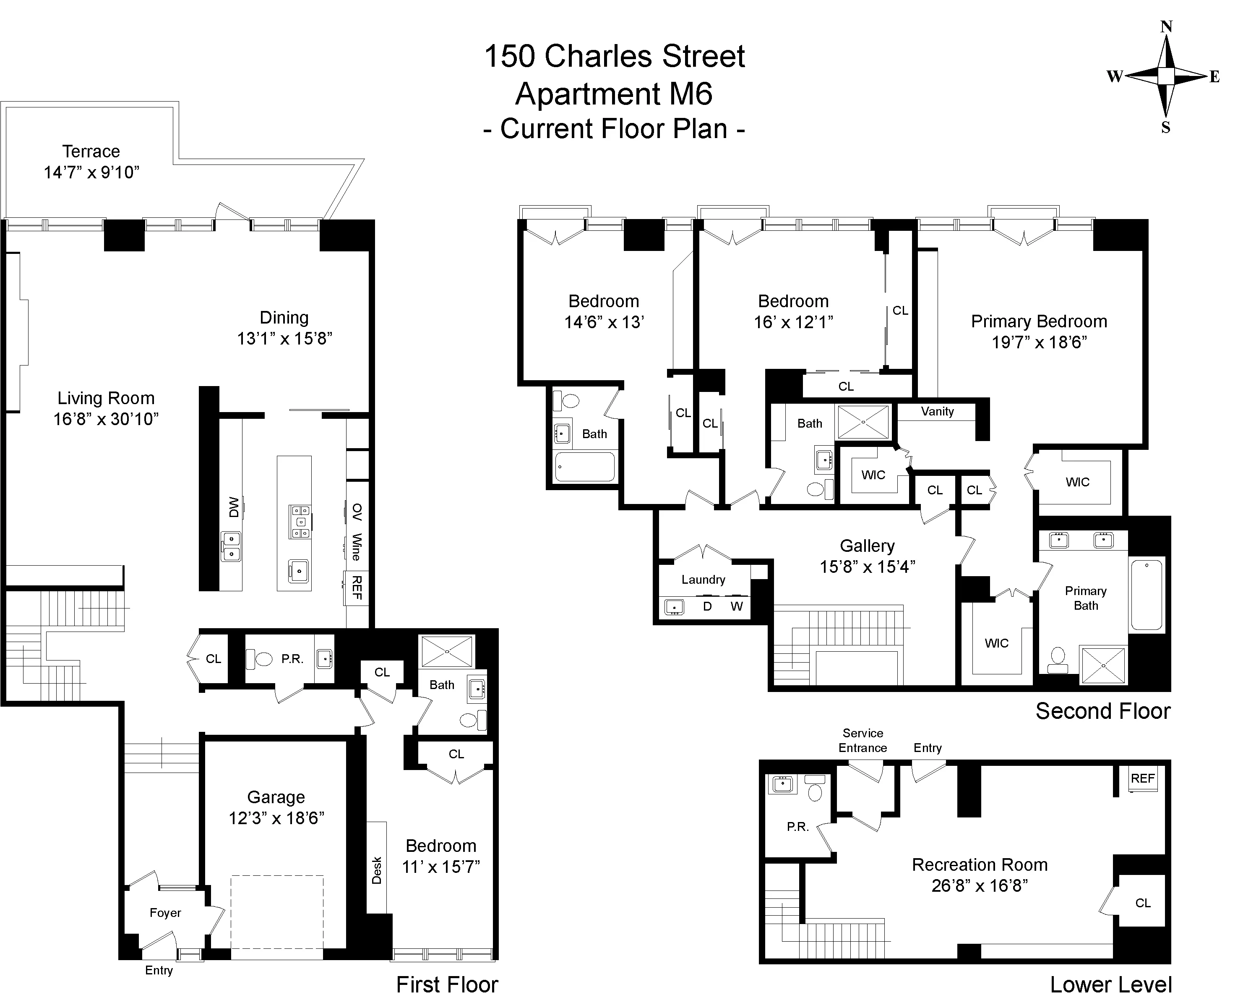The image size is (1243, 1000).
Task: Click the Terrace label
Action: (x=91, y=151)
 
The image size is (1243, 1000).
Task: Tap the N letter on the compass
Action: (x=1166, y=26)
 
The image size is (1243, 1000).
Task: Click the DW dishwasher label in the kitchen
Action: (x=234, y=507)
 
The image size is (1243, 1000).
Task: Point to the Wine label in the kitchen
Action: (x=357, y=547)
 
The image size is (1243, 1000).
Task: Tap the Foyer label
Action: (x=165, y=913)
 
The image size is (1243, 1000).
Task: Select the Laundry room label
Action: (x=703, y=580)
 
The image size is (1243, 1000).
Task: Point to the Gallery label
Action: (x=867, y=546)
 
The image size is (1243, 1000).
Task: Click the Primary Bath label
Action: (x=1086, y=598)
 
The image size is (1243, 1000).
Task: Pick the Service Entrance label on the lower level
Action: (x=863, y=741)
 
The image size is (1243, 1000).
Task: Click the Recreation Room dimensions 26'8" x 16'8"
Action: (x=980, y=885)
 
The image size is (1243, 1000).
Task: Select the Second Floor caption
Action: (x=1102, y=711)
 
